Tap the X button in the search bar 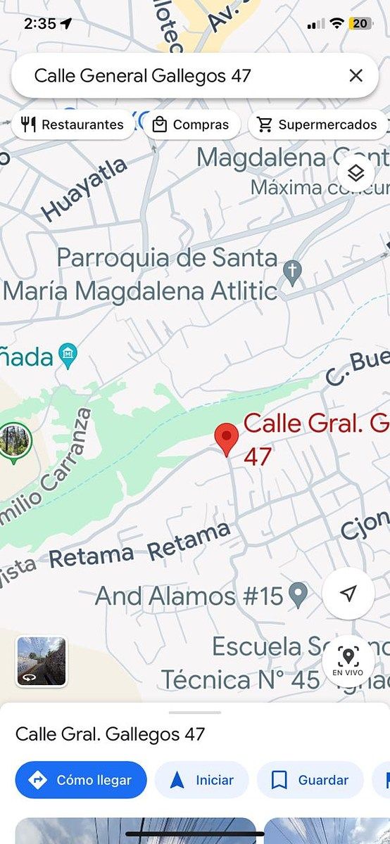(x=356, y=76)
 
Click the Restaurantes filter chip (x=73, y=124)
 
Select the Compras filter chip (x=191, y=124)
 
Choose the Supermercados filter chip (x=317, y=124)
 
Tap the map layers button (x=356, y=173)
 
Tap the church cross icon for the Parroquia (x=292, y=271)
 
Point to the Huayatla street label (x=84, y=188)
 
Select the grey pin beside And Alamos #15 (x=299, y=595)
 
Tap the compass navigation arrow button (x=348, y=594)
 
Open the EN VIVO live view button (x=348, y=661)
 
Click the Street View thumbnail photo (x=42, y=661)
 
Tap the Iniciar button (x=202, y=780)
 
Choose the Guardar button (x=310, y=780)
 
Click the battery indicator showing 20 (x=360, y=23)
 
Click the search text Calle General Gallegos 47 (x=142, y=76)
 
